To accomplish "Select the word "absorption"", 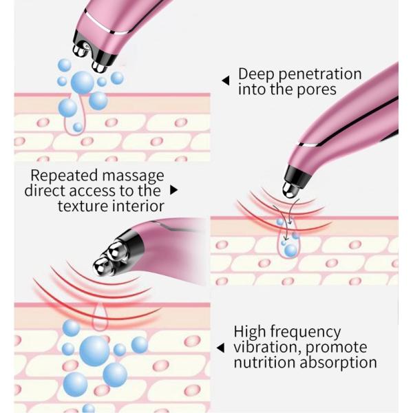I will coord(338,363).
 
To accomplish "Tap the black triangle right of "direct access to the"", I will coord(173,189).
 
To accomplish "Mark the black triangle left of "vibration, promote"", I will coord(220,348).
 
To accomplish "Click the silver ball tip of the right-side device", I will coord(290,186).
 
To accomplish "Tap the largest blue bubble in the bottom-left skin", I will coord(94,350).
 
